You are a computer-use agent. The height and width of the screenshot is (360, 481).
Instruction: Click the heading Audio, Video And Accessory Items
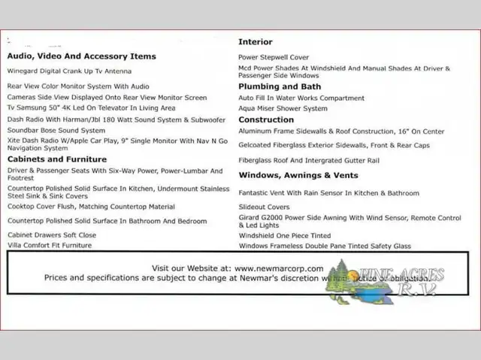coord(82,56)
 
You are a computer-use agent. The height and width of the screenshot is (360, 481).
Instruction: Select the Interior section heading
coord(256,42)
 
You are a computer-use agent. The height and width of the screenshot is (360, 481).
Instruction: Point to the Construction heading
coord(266,119)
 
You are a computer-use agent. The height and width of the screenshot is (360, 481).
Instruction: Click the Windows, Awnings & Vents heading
coord(298,175)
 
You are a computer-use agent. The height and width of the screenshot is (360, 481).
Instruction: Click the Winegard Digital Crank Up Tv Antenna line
coord(69,71)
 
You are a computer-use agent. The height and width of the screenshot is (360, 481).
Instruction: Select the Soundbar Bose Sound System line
coord(56,130)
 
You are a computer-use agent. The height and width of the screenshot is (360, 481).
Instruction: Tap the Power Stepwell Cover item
coord(274,57)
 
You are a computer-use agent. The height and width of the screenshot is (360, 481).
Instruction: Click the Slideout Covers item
coord(264,207)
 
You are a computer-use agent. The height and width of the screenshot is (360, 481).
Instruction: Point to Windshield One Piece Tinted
coord(285,235)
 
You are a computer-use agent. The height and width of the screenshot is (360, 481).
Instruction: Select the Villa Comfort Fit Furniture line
coord(50,245)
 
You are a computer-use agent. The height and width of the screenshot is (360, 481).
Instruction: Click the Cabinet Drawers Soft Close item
coord(52,234)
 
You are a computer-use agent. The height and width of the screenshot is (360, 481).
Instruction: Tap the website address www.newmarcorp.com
coord(279,268)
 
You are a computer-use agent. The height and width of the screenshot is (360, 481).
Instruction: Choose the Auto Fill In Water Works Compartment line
coord(301,98)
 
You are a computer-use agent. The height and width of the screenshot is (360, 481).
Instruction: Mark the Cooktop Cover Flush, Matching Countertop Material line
coord(91,207)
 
